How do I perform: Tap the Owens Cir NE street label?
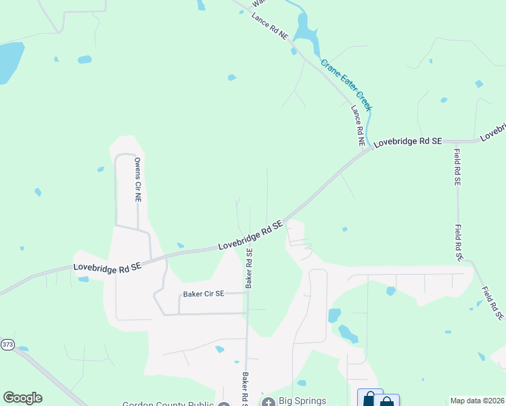(x=137, y=181)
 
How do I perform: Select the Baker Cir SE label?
(x=203, y=294)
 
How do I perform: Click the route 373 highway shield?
(x=7, y=344)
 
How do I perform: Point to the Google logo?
(x=22, y=398)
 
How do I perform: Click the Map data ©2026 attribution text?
(x=477, y=401)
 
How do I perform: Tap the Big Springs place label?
(x=303, y=401)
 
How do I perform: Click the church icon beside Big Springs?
(x=268, y=402)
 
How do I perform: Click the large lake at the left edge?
(x=9, y=61)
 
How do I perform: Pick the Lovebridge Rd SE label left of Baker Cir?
(x=108, y=268)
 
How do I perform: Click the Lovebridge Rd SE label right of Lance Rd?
(x=408, y=141)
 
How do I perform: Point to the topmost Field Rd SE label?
(x=457, y=168)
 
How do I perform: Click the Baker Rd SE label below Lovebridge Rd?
(x=249, y=269)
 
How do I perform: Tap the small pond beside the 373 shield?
(x=24, y=349)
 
